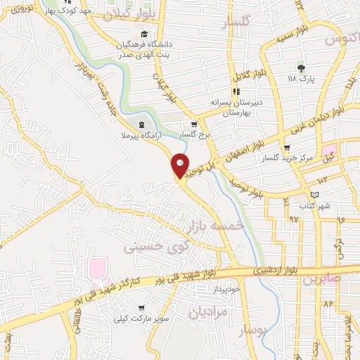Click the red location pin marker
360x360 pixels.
pyautogui.click(x=181, y=166)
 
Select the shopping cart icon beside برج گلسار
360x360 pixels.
pyautogui.click(x=195, y=124)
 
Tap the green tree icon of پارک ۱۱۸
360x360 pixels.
pyautogui.click(x=302, y=68)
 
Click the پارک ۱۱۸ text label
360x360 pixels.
pyautogui.click(x=302, y=79)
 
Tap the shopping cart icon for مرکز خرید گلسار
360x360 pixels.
pyautogui.click(x=286, y=148)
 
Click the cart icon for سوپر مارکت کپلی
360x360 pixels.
pyautogui.click(x=143, y=308)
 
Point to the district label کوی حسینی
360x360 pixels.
pyautogui.click(x=157, y=247)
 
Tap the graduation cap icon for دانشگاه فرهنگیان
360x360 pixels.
pyautogui.click(x=144, y=34)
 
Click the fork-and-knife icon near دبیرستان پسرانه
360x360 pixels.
pyautogui.click(x=236, y=91)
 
